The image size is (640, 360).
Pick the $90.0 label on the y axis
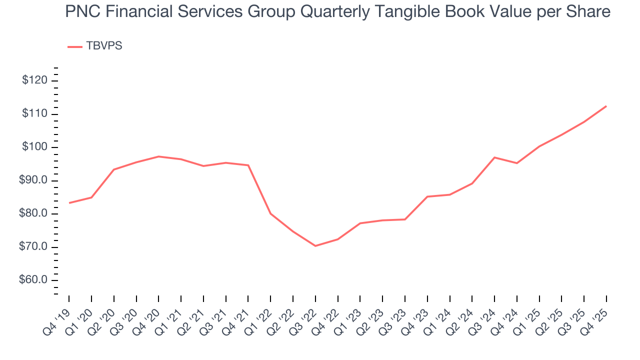[33, 180]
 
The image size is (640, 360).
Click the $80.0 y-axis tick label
[33, 213]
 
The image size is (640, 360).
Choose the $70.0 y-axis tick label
[33, 247]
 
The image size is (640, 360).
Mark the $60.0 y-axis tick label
[33, 280]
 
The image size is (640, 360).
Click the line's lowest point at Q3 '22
[315, 246]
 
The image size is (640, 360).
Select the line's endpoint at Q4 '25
[606, 106]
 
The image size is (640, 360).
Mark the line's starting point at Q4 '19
[69, 203]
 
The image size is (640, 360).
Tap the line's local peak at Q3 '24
[494, 157]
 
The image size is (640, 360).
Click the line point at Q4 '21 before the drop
[248, 165]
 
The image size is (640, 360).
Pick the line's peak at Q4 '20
[158, 156]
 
